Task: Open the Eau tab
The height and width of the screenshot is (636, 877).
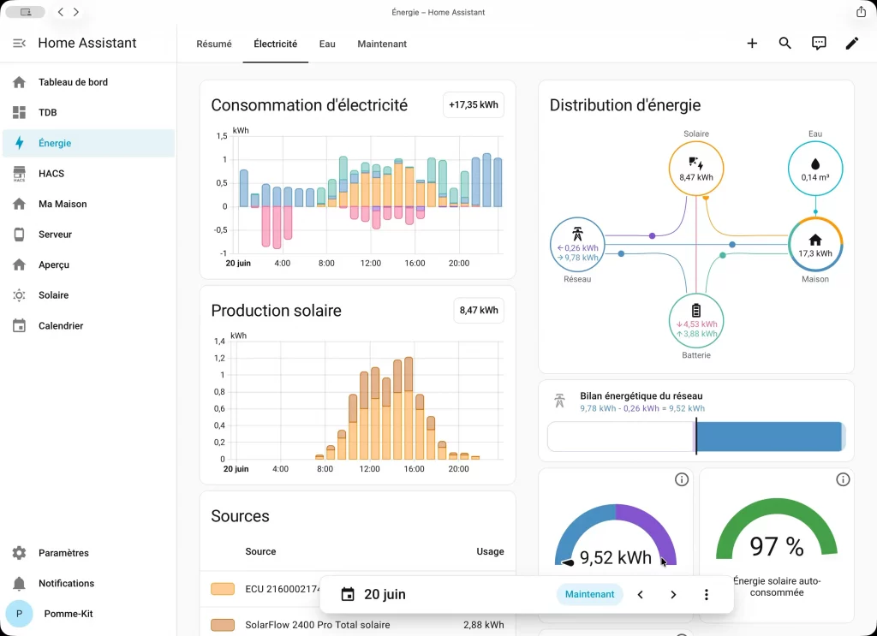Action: [x=327, y=45]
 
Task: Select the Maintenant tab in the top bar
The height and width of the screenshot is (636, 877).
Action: [x=382, y=45]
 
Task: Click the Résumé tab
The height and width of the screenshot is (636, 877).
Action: [x=213, y=45]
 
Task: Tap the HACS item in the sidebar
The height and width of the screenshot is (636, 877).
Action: [x=51, y=173]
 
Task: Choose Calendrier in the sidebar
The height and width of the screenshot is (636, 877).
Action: [x=61, y=325]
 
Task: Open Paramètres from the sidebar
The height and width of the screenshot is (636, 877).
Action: [x=63, y=553]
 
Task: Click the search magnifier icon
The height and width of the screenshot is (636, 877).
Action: [x=785, y=43]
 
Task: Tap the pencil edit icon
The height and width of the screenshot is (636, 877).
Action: [x=852, y=43]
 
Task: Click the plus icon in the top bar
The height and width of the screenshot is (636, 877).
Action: [x=752, y=43]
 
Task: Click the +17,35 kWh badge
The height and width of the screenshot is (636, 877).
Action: [x=473, y=104]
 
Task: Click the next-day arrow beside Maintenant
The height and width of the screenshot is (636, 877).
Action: [x=673, y=595]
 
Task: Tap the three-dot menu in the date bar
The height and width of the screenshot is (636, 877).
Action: [x=707, y=595]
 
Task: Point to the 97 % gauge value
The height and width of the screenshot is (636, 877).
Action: [x=777, y=546]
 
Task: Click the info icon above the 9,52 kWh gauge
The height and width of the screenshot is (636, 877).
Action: [x=681, y=479]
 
